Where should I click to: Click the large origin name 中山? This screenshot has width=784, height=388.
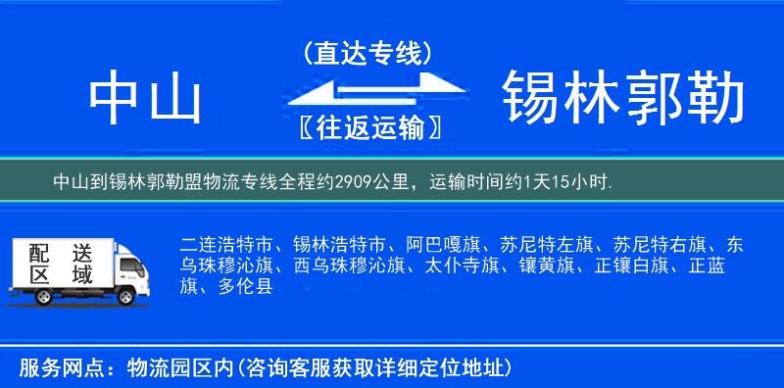[x=144, y=98]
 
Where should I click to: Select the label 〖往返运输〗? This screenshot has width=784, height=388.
[x=367, y=127]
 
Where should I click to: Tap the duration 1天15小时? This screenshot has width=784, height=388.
[x=566, y=181]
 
